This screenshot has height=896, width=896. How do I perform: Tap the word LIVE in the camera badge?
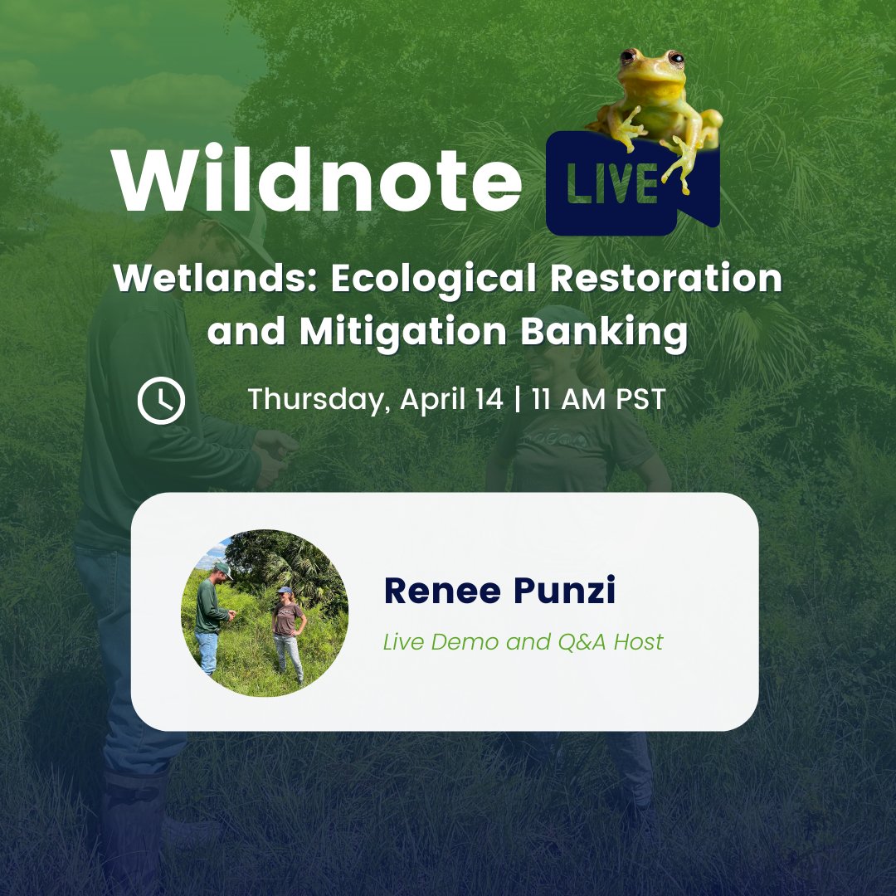613,185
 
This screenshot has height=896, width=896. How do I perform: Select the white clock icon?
161,401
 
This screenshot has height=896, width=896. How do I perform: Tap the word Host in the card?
638,641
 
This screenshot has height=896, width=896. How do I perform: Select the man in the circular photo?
210,614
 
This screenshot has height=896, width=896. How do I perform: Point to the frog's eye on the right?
675,59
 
